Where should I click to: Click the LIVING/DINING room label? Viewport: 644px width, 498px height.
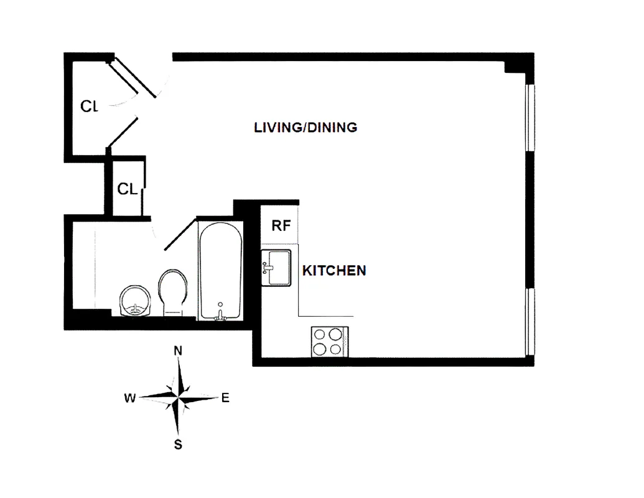coord(306,128)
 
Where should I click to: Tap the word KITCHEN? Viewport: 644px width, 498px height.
coord(334,271)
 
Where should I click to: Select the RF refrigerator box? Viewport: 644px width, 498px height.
coord(281,225)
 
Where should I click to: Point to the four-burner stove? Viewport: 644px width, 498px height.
coord(329,342)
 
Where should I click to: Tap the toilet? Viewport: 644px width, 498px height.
coord(173,291)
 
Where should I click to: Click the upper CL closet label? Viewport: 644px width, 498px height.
coord(90,106)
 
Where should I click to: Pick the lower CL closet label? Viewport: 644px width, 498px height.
coord(127,189)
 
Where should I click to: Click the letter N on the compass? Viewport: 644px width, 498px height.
coord(178,350)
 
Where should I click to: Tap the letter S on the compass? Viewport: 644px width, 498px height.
coord(178,444)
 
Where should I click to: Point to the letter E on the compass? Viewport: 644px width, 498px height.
coord(225,398)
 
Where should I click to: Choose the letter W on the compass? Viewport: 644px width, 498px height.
coord(129,398)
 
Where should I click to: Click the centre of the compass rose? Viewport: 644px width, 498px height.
coord(178,397)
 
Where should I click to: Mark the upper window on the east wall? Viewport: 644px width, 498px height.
coord(530,117)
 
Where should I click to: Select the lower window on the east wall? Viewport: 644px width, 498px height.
coord(530,321)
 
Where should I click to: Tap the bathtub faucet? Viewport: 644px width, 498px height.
coord(220,315)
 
